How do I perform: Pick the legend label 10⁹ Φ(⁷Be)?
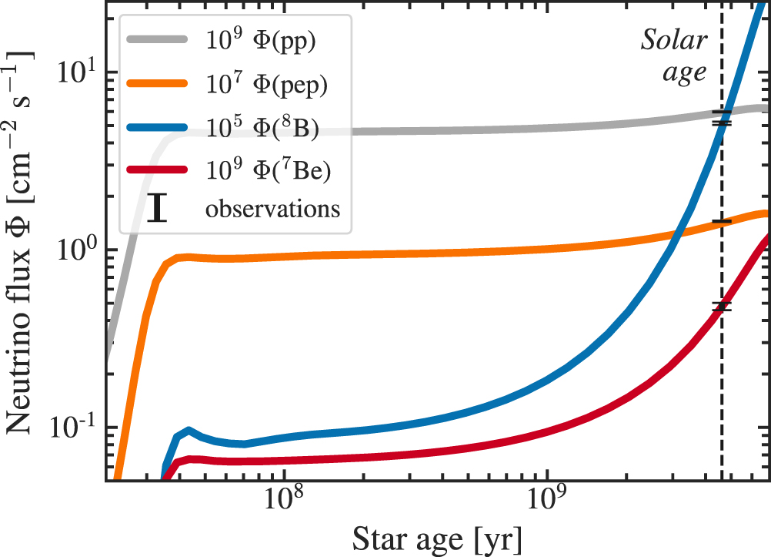(x=267, y=173)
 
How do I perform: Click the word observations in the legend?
(x=272, y=209)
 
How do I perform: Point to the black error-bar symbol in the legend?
(x=157, y=209)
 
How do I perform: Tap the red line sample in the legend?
(x=157, y=173)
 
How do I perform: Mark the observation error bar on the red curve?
(x=721, y=307)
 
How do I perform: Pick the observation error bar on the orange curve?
(x=721, y=221)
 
